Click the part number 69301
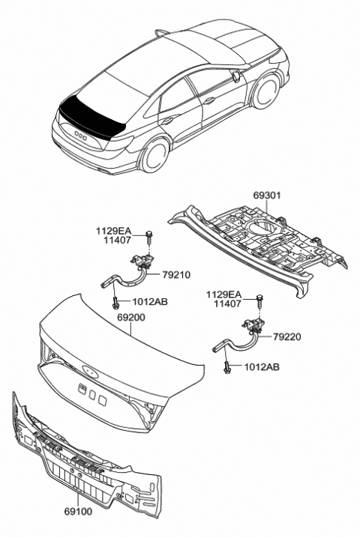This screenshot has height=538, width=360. pos(268,196)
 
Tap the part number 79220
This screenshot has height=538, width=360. pos(288,337)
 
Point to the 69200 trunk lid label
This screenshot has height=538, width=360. pos(132,318)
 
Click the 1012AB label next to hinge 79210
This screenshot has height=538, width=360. pos(150,302)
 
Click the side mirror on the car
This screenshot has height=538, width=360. pos(236,76)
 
